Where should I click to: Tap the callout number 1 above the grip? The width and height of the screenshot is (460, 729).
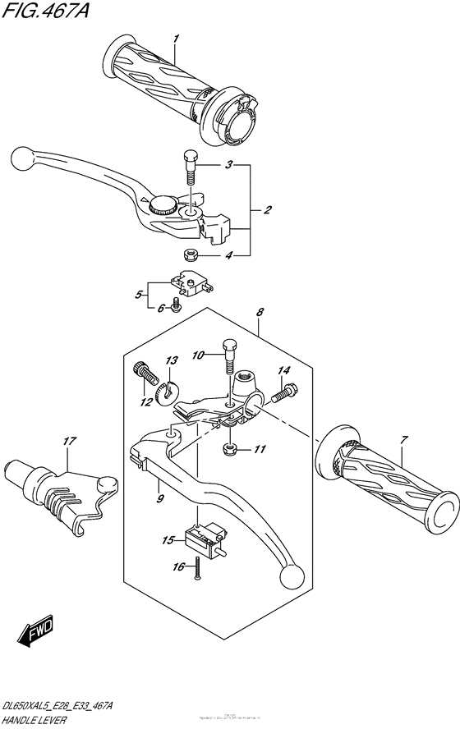175,38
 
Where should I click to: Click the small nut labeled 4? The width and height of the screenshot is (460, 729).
190,254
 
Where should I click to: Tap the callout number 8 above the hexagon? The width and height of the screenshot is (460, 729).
259,312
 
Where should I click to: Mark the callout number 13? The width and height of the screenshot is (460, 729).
172,361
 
